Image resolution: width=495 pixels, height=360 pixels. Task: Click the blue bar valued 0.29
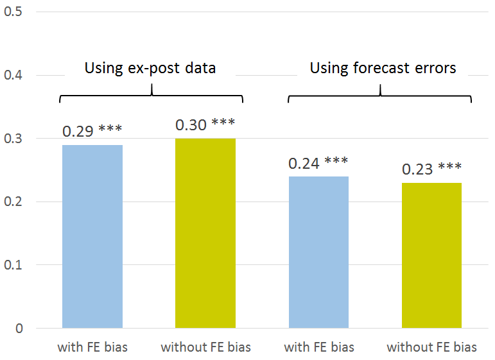click(x=92, y=236)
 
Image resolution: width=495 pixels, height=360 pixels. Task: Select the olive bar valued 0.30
click(x=205, y=233)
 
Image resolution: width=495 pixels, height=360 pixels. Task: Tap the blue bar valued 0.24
click(x=318, y=252)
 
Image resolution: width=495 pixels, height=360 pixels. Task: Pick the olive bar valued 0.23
click(x=431, y=255)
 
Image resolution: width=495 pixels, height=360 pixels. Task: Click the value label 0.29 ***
click(x=92, y=131)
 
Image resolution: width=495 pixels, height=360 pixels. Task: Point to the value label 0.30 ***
click(x=205, y=124)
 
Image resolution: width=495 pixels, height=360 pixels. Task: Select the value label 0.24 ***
click(x=318, y=163)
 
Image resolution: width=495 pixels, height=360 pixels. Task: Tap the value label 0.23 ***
click(x=431, y=169)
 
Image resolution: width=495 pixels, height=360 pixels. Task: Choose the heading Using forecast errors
click(x=383, y=68)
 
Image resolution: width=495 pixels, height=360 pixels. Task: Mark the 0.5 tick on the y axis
click(x=13, y=12)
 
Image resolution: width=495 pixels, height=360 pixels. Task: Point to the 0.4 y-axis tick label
click(x=13, y=76)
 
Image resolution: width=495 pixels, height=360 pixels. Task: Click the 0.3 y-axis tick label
click(x=13, y=139)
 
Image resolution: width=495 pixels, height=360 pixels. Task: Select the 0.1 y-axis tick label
click(x=13, y=265)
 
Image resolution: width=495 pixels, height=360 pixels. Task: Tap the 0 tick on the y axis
click(x=19, y=329)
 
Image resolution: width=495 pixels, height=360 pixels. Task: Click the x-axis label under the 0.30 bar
click(x=205, y=348)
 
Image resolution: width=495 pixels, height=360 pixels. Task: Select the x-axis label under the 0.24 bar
click(x=318, y=348)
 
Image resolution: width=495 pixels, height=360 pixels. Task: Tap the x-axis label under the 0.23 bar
click(x=431, y=348)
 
